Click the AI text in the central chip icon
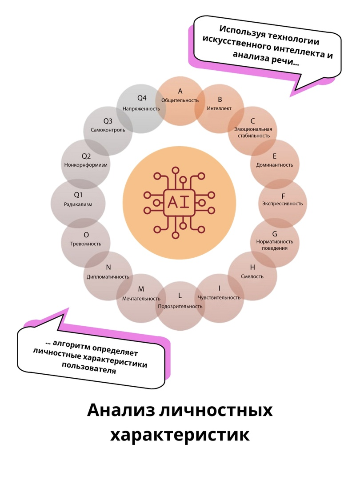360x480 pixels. pos(180,202)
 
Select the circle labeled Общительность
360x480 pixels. pos(180,101)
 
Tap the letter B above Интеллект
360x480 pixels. pos(220,100)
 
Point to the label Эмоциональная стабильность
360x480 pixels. pos(253,132)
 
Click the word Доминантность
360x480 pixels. pos(275,165)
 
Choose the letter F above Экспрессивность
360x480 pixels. pos(283,196)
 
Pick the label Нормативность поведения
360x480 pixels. pos(275,244)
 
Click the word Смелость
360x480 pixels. pos(252,276)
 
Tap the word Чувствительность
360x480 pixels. pos(219,297)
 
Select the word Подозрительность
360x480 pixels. pos(180,306)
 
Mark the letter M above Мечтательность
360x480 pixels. pos(141,289)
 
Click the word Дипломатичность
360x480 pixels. pos(108,277)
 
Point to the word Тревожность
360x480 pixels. pos(86,244)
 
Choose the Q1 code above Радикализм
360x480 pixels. pos(78,195)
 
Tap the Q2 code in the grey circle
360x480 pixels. pos(86,156)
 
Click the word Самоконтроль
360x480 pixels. pos(108,130)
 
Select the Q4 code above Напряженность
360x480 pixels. pos(142,98)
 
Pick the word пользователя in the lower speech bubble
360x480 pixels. pos(89,368)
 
